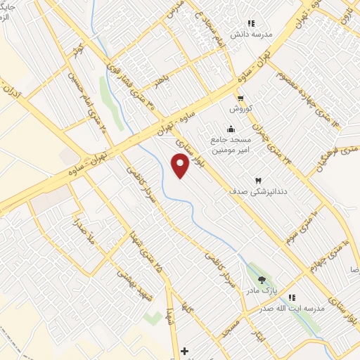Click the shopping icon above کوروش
coord(241,98)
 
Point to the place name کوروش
coord(240,109)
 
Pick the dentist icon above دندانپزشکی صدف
coord(257,180)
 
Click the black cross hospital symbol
coord(185,350)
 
